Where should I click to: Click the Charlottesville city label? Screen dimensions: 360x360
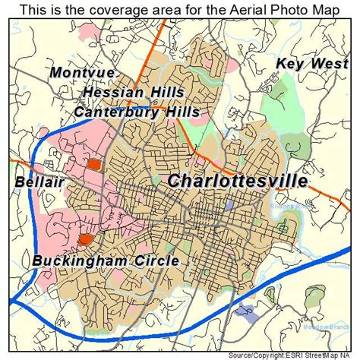[x=237, y=181]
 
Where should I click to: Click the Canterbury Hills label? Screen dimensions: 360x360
[x=137, y=112]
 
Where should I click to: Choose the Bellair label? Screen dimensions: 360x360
[x=37, y=183]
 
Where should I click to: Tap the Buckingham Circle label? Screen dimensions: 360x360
[x=106, y=261]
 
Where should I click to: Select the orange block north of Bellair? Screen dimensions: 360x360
[x=93, y=163]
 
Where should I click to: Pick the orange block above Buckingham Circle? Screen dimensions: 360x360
[x=85, y=239]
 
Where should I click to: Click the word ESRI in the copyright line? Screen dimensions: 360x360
[x=282, y=355]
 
